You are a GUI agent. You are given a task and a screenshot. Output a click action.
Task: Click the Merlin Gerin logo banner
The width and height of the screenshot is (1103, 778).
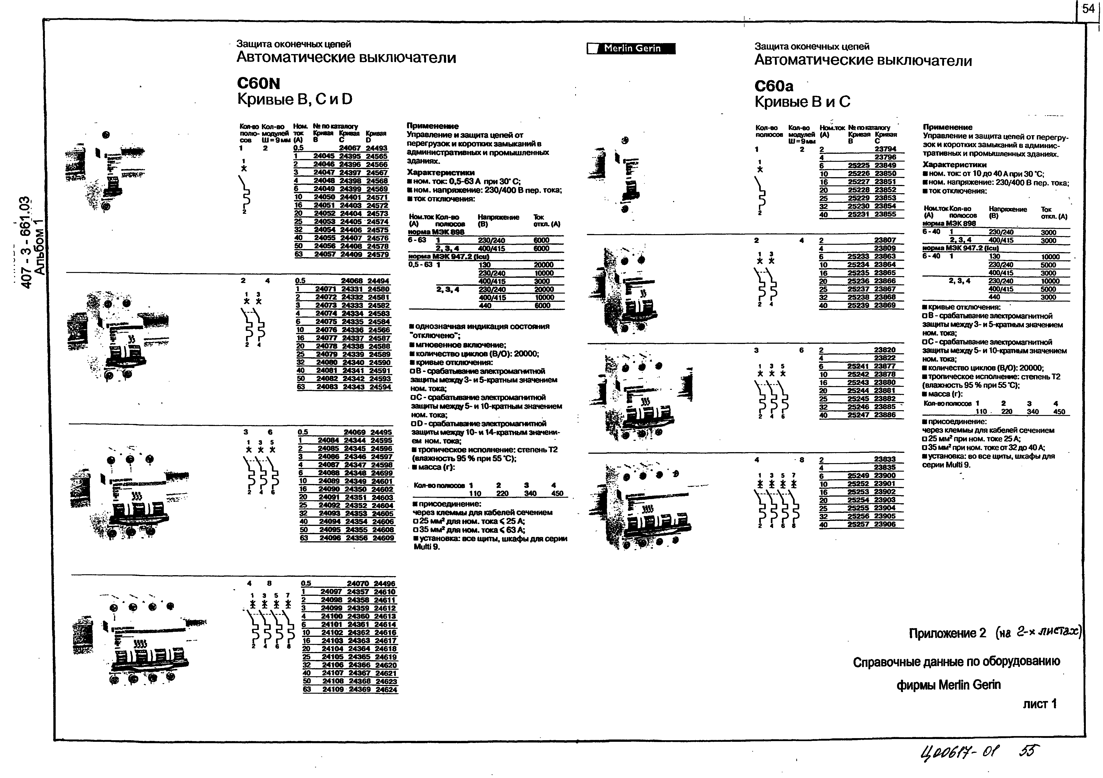pyautogui.click(x=631, y=49)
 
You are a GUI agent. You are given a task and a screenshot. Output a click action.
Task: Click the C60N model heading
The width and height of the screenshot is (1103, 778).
pyautogui.click(x=258, y=84)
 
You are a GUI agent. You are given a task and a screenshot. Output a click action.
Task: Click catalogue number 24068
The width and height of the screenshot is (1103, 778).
pyautogui.click(x=351, y=281)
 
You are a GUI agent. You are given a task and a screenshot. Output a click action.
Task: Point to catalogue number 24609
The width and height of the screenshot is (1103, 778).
pyautogui.click(x=383, y=538)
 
